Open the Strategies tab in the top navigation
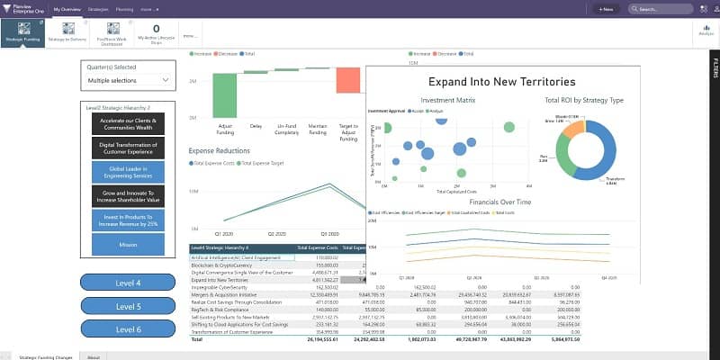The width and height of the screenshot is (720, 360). coord(99,9)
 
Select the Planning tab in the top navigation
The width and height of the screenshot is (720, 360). coord(124,9)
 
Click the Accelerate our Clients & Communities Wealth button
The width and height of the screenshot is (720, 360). coord(128,123)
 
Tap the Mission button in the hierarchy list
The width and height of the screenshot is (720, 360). coord(128,243)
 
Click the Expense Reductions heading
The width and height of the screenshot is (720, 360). coord(220,150)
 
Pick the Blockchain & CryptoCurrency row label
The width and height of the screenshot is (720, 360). coord(221,265)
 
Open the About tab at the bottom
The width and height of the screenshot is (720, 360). coord(94,356)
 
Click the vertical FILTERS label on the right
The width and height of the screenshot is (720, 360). coord(715,67)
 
